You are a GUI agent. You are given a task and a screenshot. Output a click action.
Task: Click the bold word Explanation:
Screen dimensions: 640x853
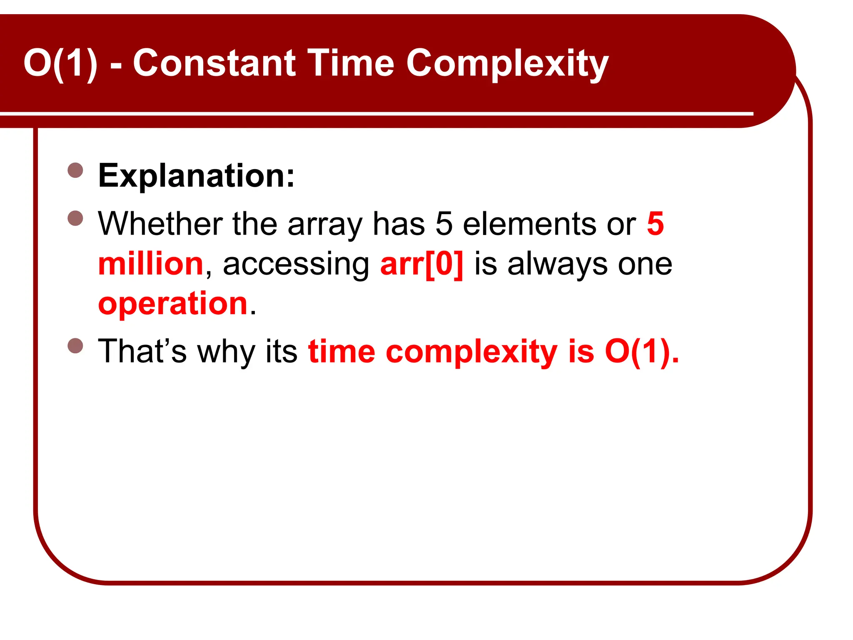(x=196, y=176)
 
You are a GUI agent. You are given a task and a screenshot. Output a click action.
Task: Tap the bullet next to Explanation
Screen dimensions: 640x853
(x=75, y=170)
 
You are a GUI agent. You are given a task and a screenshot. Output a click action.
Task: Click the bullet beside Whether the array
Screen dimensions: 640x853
(x=75, y=218)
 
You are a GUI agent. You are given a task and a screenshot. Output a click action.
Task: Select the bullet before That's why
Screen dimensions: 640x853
(x=75, y=345)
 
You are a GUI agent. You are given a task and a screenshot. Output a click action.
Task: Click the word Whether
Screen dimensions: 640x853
(x=160, y=224)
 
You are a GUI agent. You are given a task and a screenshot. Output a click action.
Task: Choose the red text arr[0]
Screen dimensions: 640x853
(x=422, y=265)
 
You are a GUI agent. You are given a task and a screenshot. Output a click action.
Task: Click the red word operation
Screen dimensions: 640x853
(x=173, y=304)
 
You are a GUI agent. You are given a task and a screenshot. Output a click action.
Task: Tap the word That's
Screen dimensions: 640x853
(x=142, y=351)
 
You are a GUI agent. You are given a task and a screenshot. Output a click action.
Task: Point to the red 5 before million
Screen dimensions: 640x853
(x=655, y=224)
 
